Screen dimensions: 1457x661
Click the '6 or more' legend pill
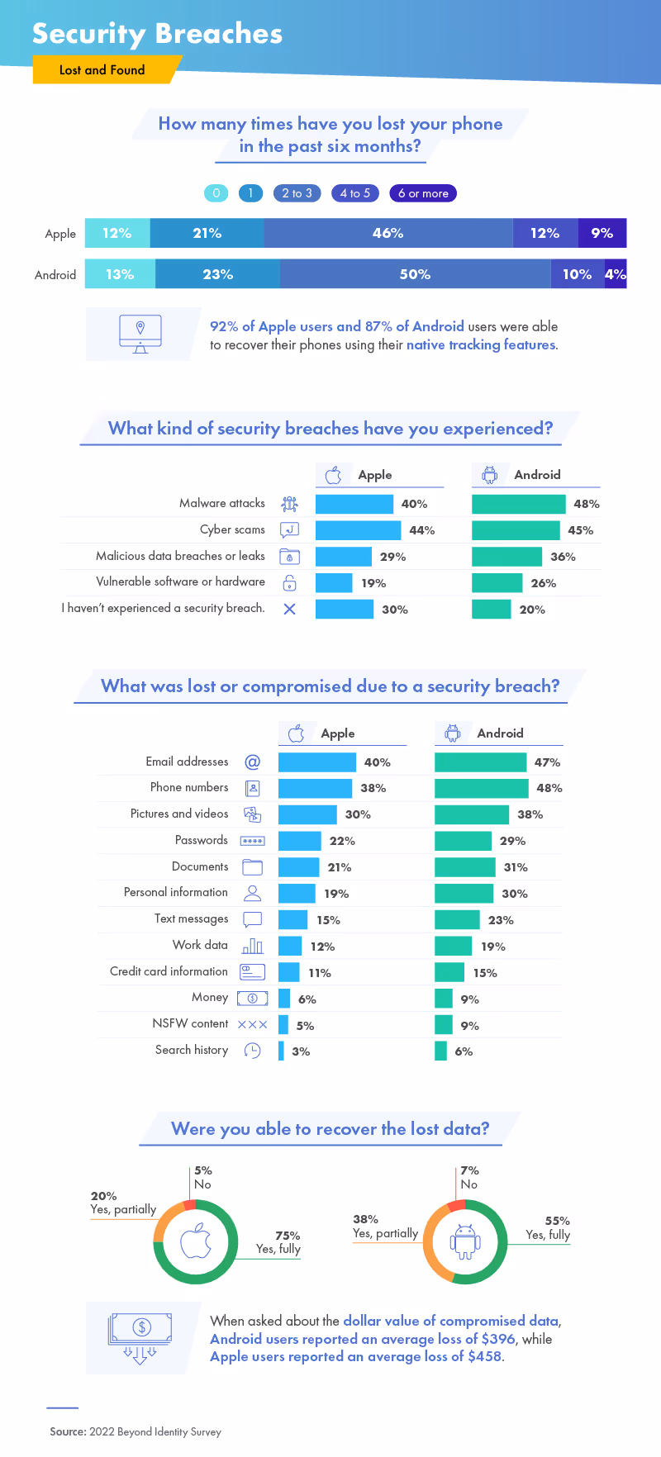tap(423, 193)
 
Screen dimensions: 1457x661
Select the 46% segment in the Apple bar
tap(388, 233)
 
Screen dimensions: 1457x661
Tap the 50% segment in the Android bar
tap(415, 274)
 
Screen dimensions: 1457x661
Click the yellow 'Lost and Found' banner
tap(102, 70)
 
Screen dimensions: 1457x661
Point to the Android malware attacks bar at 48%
tap(518, 504)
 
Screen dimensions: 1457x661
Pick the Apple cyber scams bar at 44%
tap(358, 530)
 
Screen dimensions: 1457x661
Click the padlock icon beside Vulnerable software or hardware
tap(289, 583)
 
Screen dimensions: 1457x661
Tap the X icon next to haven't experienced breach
tap(289, 610)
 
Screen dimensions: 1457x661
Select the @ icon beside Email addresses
tap(252, 762)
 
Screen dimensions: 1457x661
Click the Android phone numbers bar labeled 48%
tap(481, 788)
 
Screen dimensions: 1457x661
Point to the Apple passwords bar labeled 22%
tap(299, 841)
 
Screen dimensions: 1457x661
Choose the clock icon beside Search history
tap(252, 1051)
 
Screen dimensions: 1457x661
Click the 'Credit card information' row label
tap(169, 971)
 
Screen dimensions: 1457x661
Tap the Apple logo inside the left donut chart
tap(196, 1241)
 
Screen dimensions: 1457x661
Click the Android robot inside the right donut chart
tap(465, 1241)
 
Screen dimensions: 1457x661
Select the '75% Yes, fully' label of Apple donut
tap(278, 1242)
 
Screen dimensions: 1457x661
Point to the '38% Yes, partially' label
tap(384, 1227)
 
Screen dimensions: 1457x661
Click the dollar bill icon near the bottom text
tap(140, 1331)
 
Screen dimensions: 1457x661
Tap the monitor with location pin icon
tap(140, 333)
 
